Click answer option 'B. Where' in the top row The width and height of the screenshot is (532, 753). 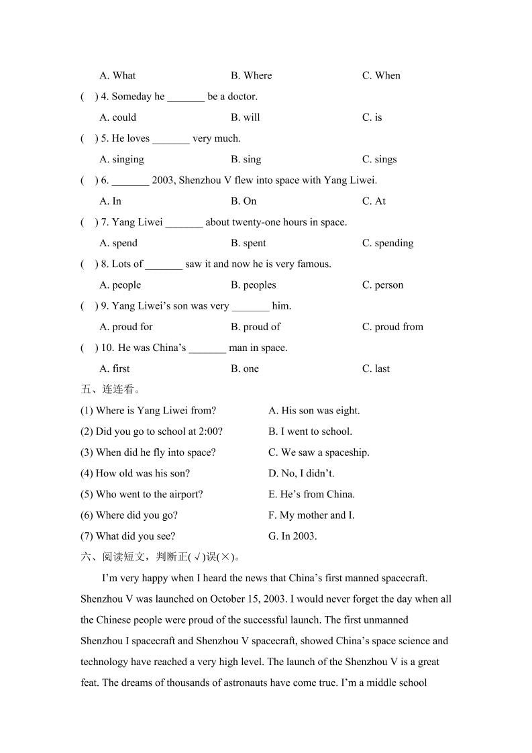(x=251, y=75)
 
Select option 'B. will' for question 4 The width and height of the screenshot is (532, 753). (x=245, y=117)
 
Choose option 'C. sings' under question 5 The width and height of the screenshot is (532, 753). (x=379, y=159)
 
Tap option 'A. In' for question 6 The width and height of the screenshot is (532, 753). (x=110, y=201)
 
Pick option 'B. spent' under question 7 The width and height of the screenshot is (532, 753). (x=248, y=243)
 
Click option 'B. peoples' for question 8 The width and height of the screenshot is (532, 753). (x=253, y=285)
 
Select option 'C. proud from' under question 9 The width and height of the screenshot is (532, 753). (x=392, y=327)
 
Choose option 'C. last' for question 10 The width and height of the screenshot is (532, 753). (x=376, y=368)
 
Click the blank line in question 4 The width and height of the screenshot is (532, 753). (x=186, y=98)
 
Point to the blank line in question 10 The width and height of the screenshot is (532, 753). (x=207, y=350)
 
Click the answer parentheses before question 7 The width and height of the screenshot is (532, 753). (x=89, y=222)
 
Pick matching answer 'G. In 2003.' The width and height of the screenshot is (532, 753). (x=292, y=536)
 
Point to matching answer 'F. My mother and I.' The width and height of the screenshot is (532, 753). (x=311, y=515)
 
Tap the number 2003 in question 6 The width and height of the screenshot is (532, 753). (x=163, y=181)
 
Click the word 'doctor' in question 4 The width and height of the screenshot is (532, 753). (x=242, y=97)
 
